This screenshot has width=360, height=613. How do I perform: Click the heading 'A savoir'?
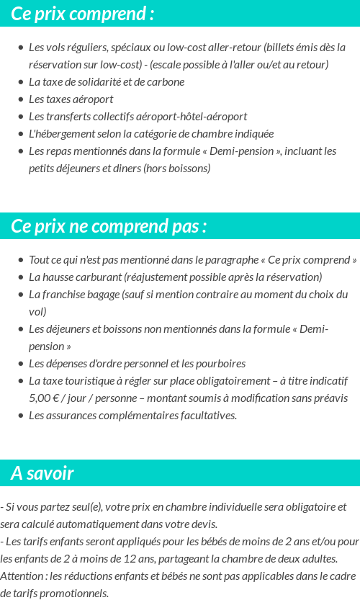[42, 473]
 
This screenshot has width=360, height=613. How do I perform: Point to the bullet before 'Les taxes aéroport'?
[20, 99]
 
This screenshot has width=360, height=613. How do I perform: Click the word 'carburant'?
[99, 277]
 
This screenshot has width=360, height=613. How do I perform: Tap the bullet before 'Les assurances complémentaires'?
[20, 416]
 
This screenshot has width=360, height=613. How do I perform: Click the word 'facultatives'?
[203, 416]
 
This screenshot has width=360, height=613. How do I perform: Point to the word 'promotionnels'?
[76, 594]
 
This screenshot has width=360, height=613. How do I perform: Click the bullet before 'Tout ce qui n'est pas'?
[20, 260]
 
